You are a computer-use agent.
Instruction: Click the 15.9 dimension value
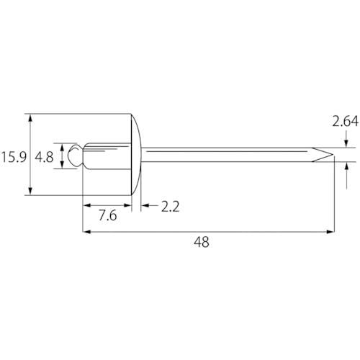click(x=14, y=158)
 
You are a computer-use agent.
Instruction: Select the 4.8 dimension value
click(x=44, y=158)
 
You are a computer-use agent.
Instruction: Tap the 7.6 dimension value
click(x=108, y=215)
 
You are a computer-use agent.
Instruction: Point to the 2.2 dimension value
click(x=170, y=207)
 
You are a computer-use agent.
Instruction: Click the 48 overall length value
click(x=202, y=242)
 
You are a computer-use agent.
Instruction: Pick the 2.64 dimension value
click(x=346, y=121)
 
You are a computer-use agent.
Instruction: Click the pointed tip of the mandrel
click(x=333, y=155)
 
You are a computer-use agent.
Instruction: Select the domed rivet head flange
click(x=136, y=154)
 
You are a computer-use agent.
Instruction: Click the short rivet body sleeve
click(x=107, y=156)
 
